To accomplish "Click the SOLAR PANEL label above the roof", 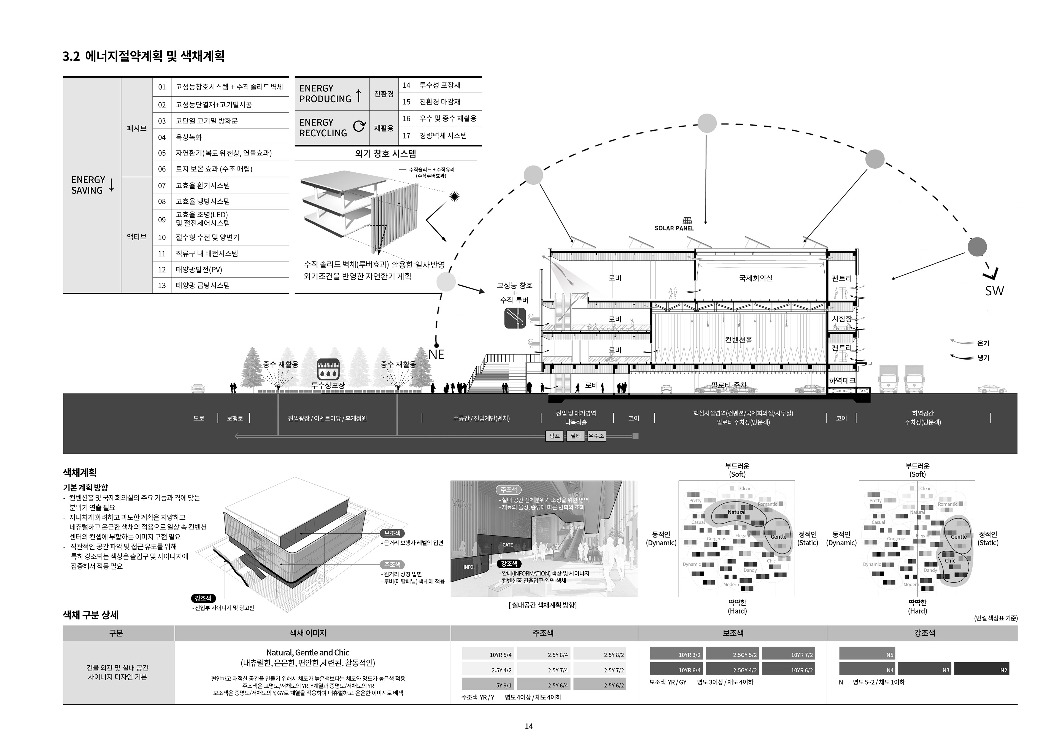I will coord(674,228).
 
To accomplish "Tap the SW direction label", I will coord(994,291).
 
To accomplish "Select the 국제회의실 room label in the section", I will coord(756,278).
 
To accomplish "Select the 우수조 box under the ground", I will coord(596,436).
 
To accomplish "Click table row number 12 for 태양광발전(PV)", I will coord(162,270).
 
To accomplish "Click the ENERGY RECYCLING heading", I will coord(323,128).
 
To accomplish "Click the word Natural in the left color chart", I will coord(736,512).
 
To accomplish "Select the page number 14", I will coord(528,726).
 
